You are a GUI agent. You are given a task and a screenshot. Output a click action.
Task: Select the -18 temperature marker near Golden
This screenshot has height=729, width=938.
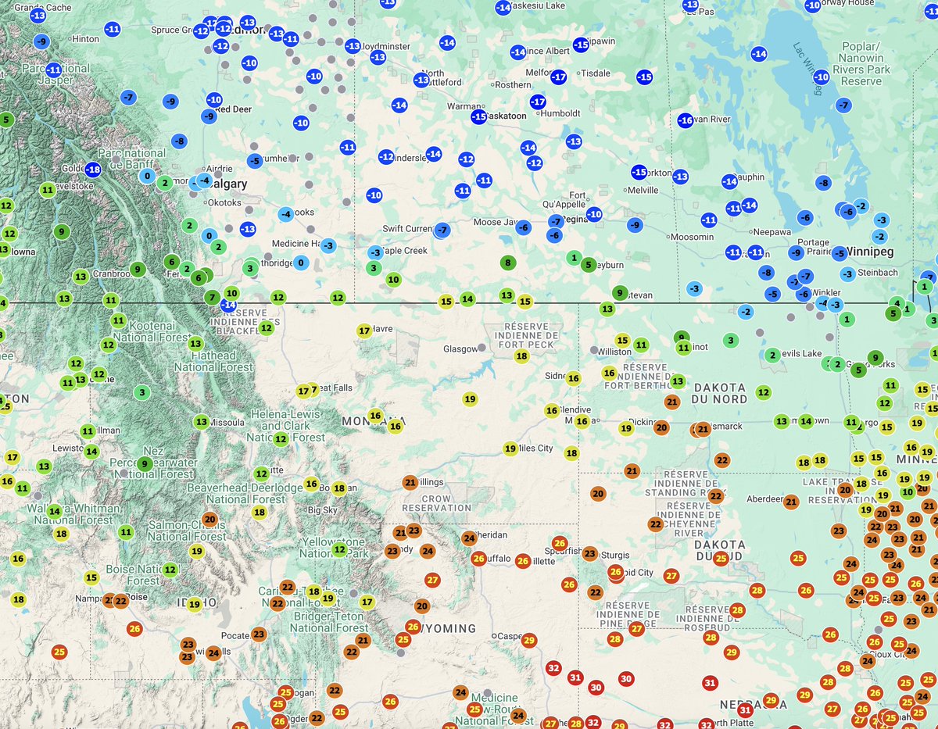pos(93,170)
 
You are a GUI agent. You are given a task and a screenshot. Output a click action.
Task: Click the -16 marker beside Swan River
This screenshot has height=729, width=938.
pos(685,120)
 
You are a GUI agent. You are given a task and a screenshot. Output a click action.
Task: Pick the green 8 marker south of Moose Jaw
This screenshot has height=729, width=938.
pos(507,263)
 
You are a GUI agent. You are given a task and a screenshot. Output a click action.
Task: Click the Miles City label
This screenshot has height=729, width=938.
pos(535,448)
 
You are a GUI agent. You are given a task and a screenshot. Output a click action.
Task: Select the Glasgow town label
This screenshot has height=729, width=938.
pos(460,348)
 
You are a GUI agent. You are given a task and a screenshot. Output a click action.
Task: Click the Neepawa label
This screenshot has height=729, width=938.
pos(772,232)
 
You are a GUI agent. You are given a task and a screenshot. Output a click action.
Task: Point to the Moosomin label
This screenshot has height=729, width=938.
pos(692,237)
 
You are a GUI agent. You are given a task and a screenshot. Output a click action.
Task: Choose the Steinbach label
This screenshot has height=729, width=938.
pos(878,273)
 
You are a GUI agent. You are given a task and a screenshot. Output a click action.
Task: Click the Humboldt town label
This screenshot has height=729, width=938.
pos(560,113)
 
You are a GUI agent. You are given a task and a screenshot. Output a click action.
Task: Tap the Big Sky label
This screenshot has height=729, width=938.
pos(323,510)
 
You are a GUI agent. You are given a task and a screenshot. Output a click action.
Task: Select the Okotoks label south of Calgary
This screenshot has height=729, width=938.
pos(224,203)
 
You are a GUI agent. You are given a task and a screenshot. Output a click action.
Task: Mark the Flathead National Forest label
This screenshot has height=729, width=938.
pos(213,359)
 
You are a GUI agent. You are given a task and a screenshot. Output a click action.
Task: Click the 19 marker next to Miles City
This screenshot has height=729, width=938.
pos(510,448)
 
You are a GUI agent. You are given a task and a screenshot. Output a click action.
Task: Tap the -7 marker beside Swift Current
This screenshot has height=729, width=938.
pos(442,230)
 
